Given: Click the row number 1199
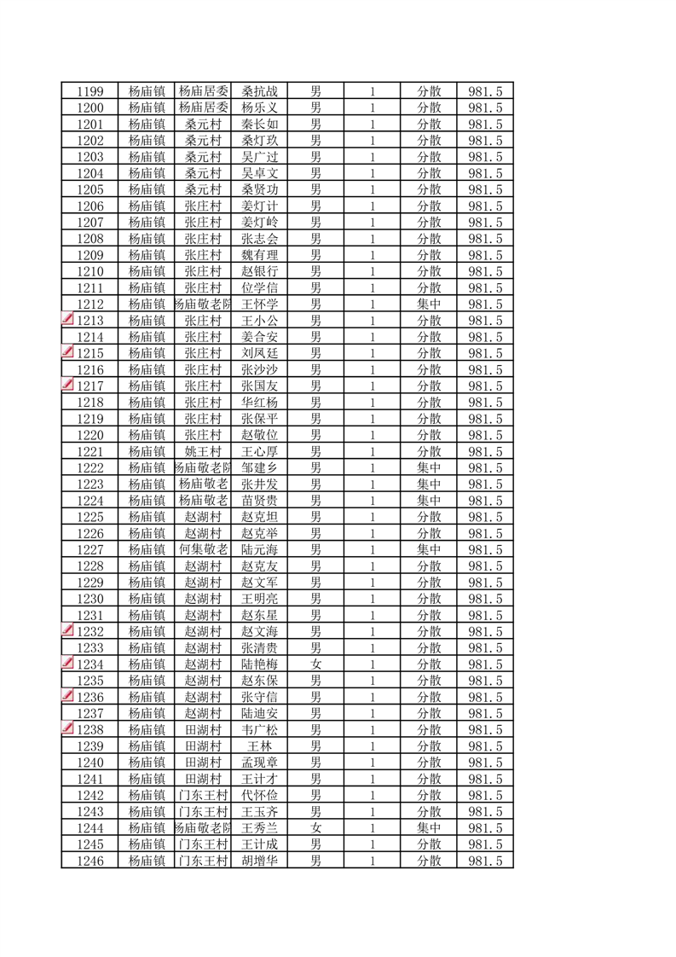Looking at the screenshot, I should (x=90, y=91).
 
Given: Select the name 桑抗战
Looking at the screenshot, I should (x=259, y=91).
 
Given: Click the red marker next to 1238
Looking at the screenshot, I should (x=68, y=729).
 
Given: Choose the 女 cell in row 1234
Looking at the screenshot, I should (x=315, y=664).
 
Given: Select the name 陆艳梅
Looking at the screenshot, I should (x=259, y=664).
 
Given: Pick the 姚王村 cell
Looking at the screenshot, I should (x=204, y=451).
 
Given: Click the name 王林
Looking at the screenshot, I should (x=259, y=746).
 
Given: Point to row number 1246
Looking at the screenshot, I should (x=90, y=861).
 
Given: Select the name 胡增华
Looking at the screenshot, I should (x=259, y=861).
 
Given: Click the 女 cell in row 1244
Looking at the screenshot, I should (x=315, y=828).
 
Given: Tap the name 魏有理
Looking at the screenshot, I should (x=259, y=255).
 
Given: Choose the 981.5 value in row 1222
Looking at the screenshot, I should (x=485, y=468).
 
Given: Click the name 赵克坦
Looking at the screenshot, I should (x=259, y=517).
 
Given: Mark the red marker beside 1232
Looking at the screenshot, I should (x=68, y=631).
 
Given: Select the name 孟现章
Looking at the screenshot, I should (x=259, y=763).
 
